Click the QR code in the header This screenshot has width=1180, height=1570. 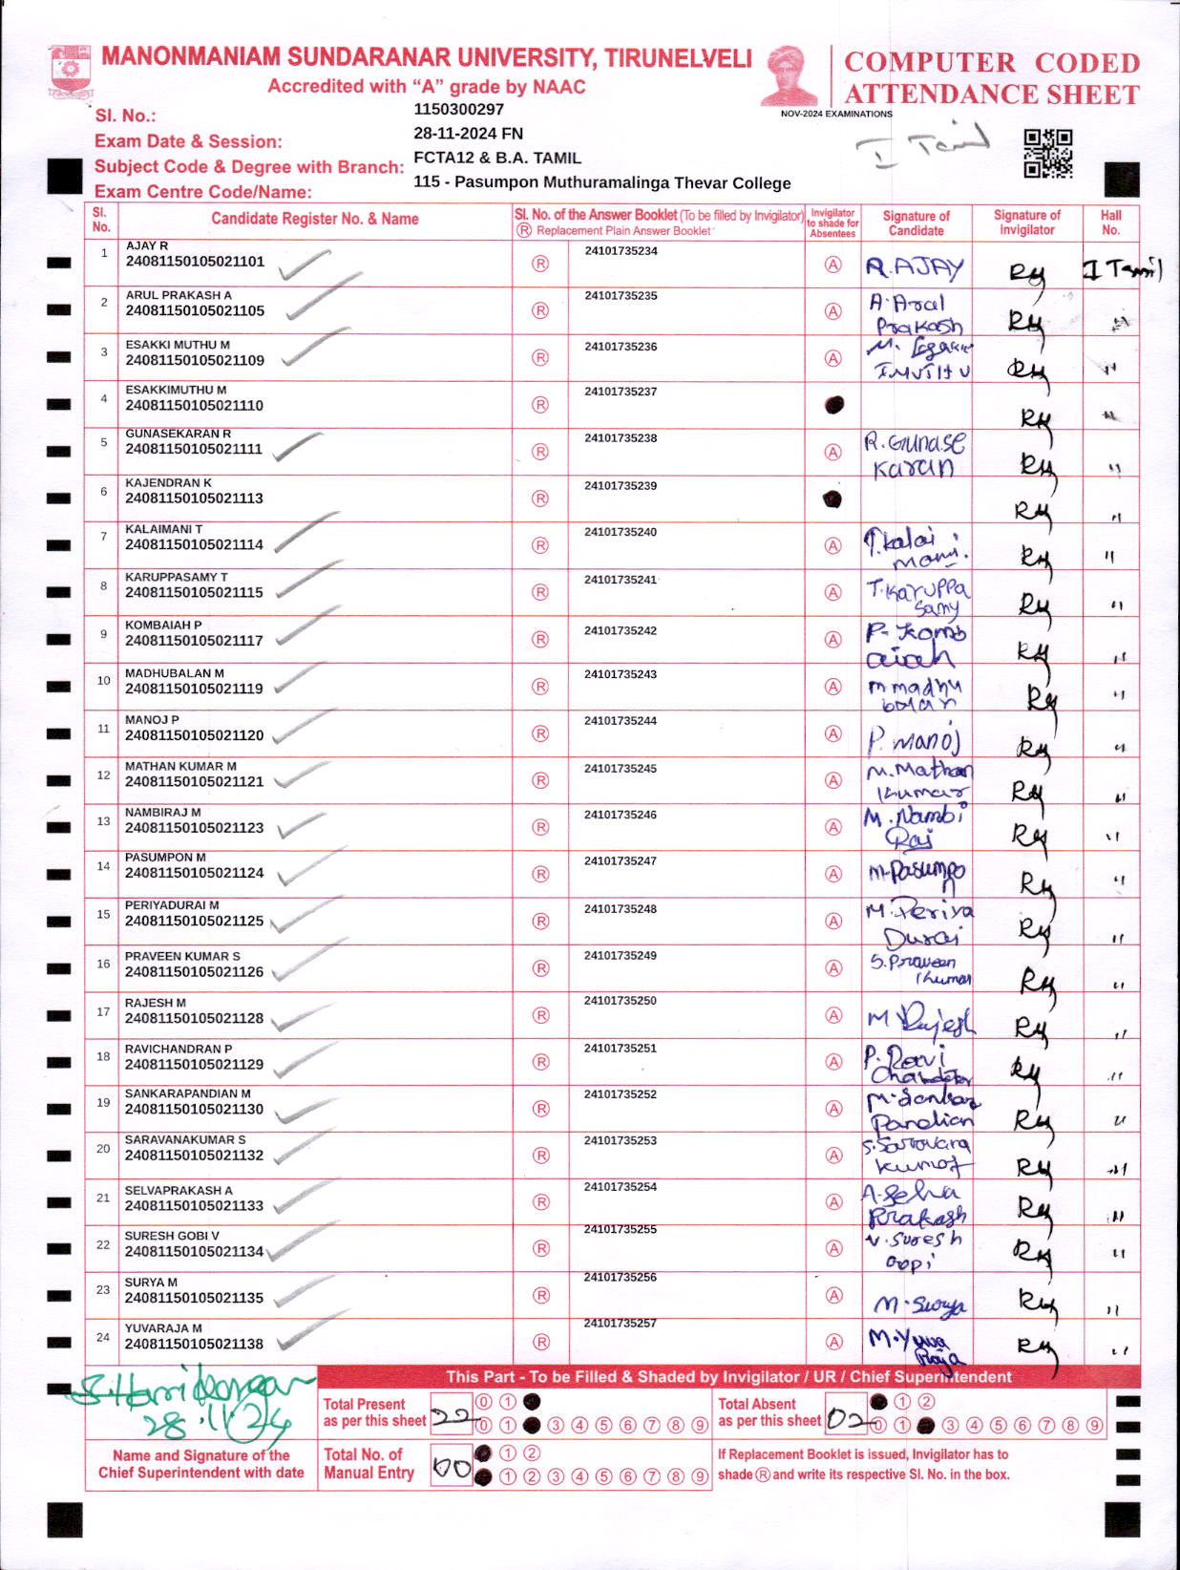pyautogui.click(x=1047, y=153)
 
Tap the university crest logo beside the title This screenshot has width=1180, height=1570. pyautogui.click(x=70, y=70)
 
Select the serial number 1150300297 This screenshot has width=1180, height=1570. pyautogui.click(x=458, y=109)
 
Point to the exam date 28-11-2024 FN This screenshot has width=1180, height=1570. pyautogui.click(x=468, y=134)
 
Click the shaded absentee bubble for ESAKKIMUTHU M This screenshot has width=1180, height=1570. pyautogui.click(x=833, y=404)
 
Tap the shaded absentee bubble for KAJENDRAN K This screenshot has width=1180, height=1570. pyautogui.click(x=832, y=499)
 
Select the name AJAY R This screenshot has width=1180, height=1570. pyautogui.click(x=147, y=245)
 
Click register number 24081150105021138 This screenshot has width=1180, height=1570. pyautogui.click(x=195, y=1344)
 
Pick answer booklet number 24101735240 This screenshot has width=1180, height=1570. pyautogui.click(x=621, y=532)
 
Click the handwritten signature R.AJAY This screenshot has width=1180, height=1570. pyautogui.click(x=915, y=267)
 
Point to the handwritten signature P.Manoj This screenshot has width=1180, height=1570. pyautogui.click(x=914, y=740)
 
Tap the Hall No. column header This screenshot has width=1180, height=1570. pyautogui.click(x=1110, y=223)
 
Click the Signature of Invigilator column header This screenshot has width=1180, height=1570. pyautogui.click(x=1026, y=223)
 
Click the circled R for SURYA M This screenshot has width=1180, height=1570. pyautogui.click(x=540, y=1295)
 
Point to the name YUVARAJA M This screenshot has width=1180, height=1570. pyautogui.click(x=163, y=1327)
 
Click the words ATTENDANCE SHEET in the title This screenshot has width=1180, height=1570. pyautogui.click(x=992, y=95)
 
